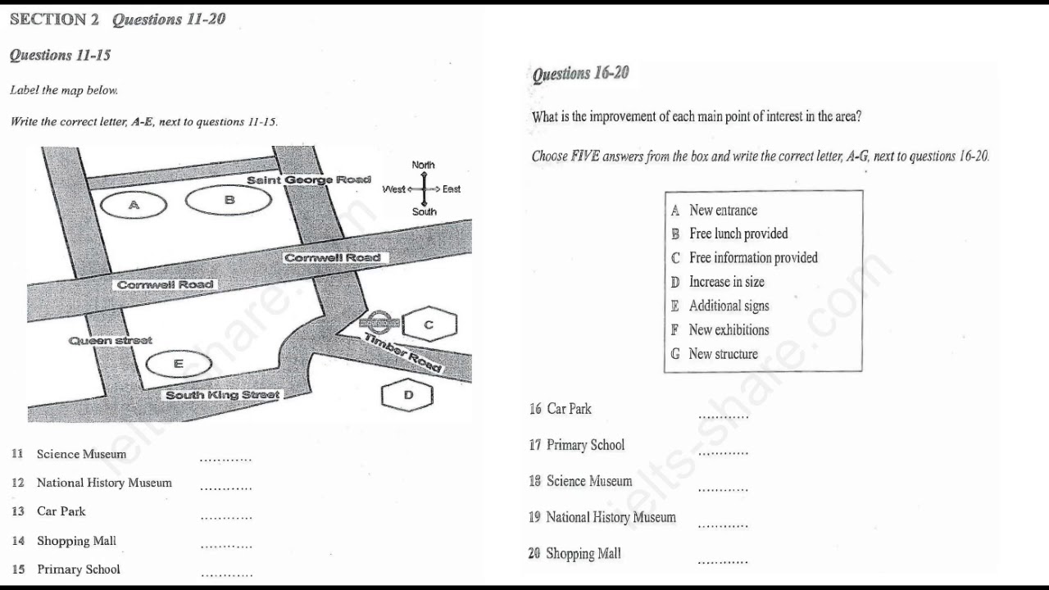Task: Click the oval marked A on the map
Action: point(134,205)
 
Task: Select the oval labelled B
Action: point(229,199)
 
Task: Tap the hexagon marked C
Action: point(429,324)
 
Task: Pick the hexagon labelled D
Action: point(408,395)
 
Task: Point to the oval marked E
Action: point(178,364)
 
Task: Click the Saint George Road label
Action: point(308,179)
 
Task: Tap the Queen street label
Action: point(111,340)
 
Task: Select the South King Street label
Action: point(222,395)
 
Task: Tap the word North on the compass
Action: point(424,165)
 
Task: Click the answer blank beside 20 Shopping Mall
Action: point(723,562)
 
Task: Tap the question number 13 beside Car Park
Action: point(18,511)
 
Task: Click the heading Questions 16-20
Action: point(581,74)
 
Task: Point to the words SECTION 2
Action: point(54,19)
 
